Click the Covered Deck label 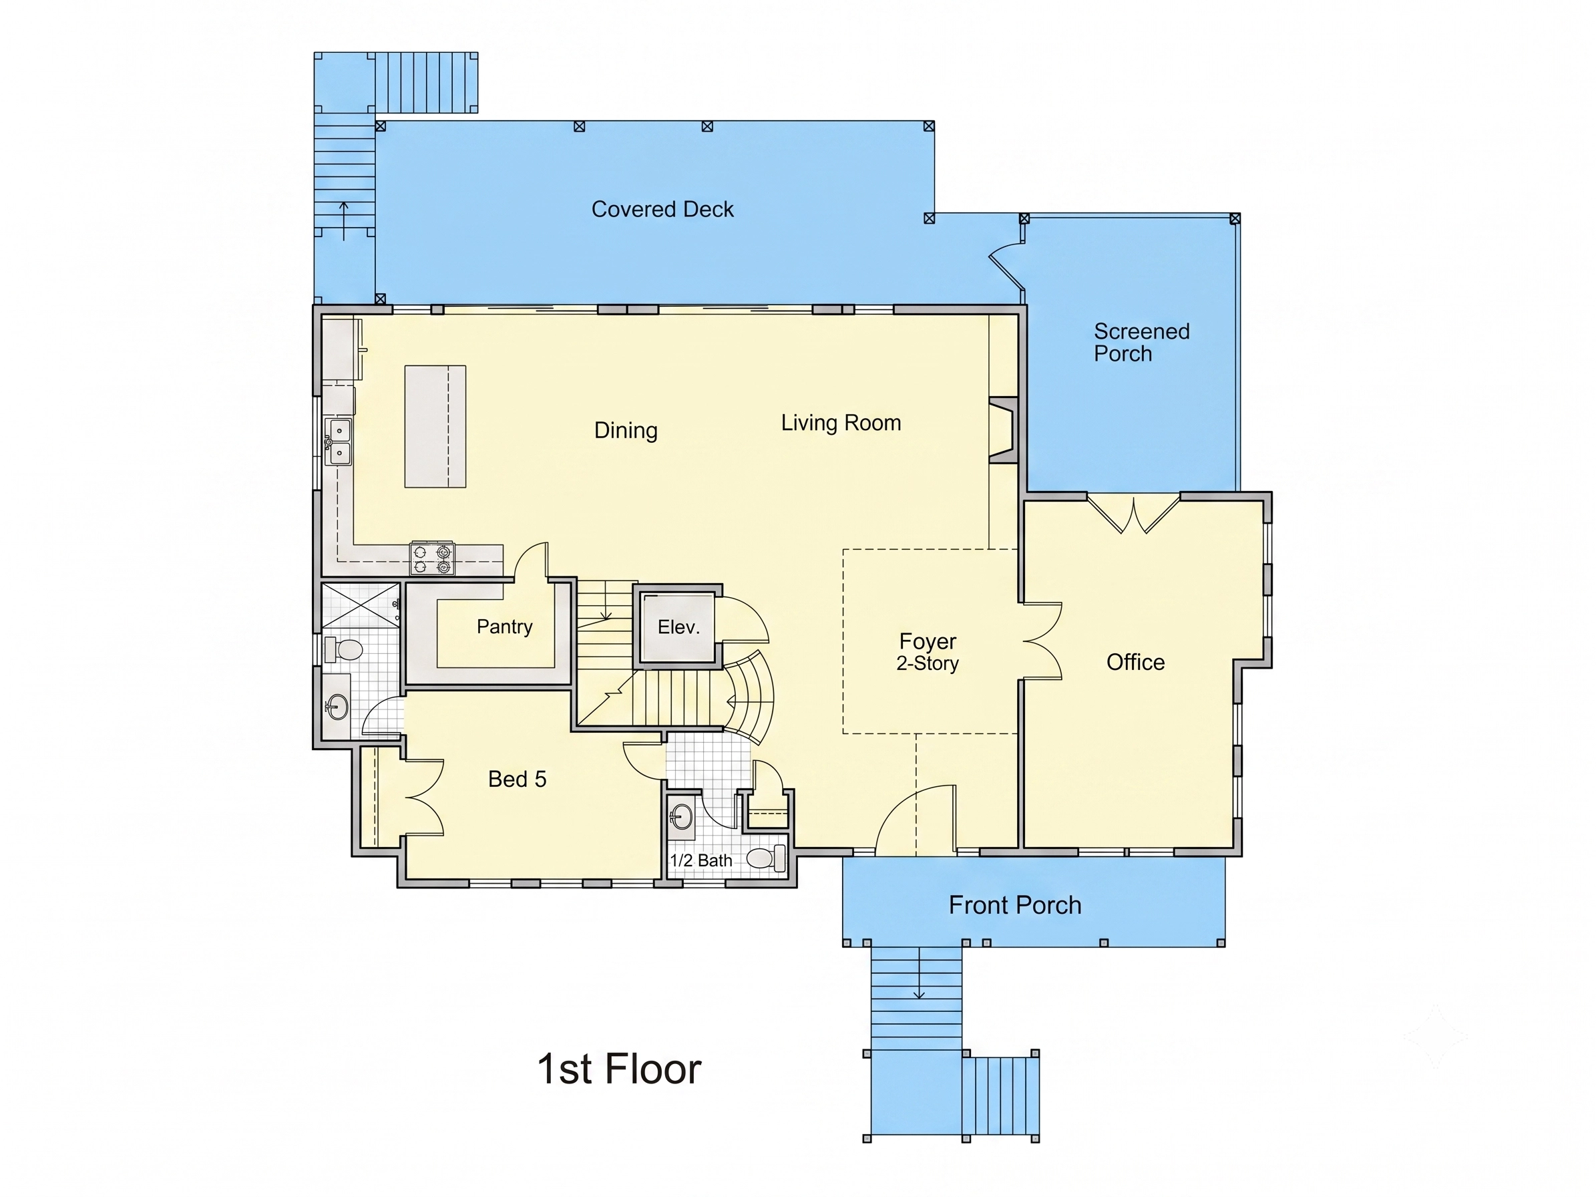(662, 209)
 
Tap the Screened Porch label (1141, 342)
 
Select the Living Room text (841, 423)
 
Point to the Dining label (626, 430)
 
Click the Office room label (1136, 662)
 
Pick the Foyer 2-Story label (928, 651)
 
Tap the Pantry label (504, 627)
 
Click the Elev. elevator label (679, 627)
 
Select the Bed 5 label (518, 779)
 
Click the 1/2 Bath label (701, 860)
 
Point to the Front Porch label (1015, 905)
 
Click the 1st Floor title (619, 1069)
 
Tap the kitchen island (435, 426)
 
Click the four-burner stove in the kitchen (432, 558)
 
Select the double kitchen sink (339, 442)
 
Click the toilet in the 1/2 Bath (766, 858)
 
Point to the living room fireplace (1003, 430)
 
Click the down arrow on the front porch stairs (920, 973)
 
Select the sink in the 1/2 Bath (681, 818)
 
